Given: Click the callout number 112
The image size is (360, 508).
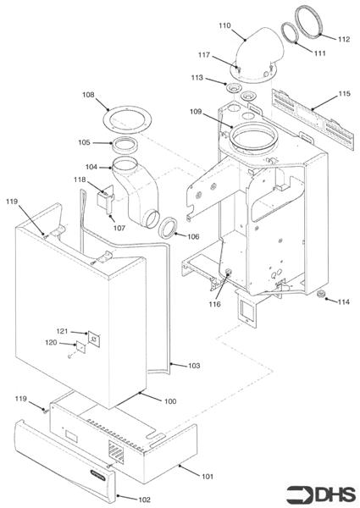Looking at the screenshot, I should (x=343, y=39).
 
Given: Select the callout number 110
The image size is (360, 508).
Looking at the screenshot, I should (x=224, y=26).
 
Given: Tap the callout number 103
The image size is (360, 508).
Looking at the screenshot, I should (x=194, y=366).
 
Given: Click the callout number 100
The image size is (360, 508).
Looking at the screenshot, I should (x=170, y=400).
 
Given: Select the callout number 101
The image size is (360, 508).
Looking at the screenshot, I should (x=208, y=477).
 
